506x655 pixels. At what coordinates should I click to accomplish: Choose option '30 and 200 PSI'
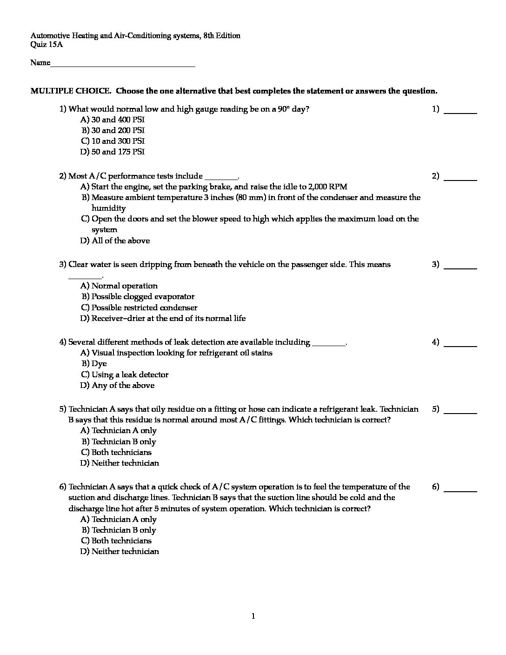click(118, 130)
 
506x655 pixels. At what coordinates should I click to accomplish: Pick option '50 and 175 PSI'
click(118, 152)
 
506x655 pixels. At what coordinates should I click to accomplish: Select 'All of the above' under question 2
click(120, 241)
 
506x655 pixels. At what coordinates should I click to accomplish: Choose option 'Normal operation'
click(124, 286)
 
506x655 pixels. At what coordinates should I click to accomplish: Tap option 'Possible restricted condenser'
click(144, 307)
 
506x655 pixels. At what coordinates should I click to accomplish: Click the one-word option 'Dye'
click(99, 364)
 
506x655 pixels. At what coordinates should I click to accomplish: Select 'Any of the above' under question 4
click(123, 385)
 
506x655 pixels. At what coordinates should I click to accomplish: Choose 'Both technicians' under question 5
click(121, 452)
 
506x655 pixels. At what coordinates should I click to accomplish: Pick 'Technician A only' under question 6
click(124, 519)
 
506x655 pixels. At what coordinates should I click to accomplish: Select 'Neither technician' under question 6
click(125, 551)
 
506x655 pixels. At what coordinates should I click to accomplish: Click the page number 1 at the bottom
click(253, 616)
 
